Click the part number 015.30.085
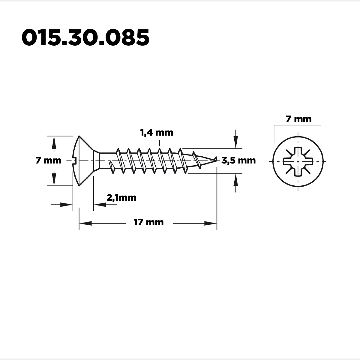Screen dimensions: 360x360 (85, 37)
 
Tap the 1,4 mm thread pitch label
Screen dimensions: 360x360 (157, 133)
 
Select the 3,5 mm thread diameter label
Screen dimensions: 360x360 (238, 160)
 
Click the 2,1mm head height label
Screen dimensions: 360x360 (121, 198)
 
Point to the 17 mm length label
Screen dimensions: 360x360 (149, 222)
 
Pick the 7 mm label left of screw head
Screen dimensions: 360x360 (48, 160)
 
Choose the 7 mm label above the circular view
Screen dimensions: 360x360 (298, 119)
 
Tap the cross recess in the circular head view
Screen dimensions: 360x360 (298, 161)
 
